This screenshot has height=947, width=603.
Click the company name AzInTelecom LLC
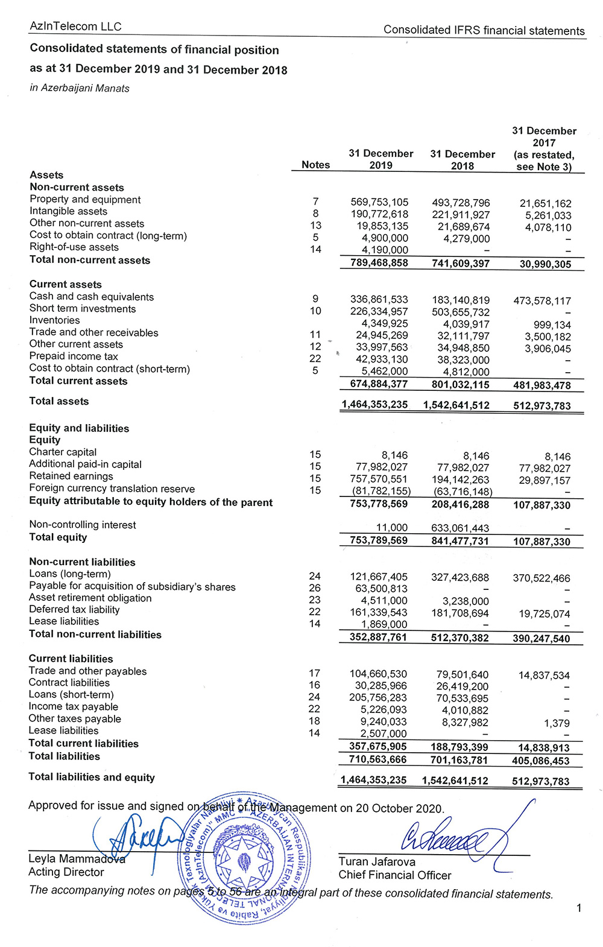point(75,27)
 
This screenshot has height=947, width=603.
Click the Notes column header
point(315,165)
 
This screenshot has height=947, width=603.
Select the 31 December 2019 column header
point(380,159)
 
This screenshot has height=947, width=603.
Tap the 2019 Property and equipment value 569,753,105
point(379,203)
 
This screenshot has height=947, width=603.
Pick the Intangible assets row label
point(68,211)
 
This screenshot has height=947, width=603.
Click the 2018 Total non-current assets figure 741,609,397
point(461,264)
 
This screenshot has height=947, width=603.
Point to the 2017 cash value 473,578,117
point(542,300)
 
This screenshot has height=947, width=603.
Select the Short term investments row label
point(83,308)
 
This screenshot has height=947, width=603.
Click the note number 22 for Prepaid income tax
point(315,358)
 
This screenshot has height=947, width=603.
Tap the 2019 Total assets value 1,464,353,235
point(374,405)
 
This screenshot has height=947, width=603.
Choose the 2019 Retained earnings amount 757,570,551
point(379,479)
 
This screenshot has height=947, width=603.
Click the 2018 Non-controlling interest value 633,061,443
point(460,528)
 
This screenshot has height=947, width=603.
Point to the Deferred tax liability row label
point(74,609)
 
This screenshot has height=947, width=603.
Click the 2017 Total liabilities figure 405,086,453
point(540,761)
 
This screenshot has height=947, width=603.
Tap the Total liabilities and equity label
point(92,777)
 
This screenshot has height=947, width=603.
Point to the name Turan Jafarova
point(377,861)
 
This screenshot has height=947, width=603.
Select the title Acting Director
point(66,872)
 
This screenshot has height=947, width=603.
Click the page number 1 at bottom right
point(579,908)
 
